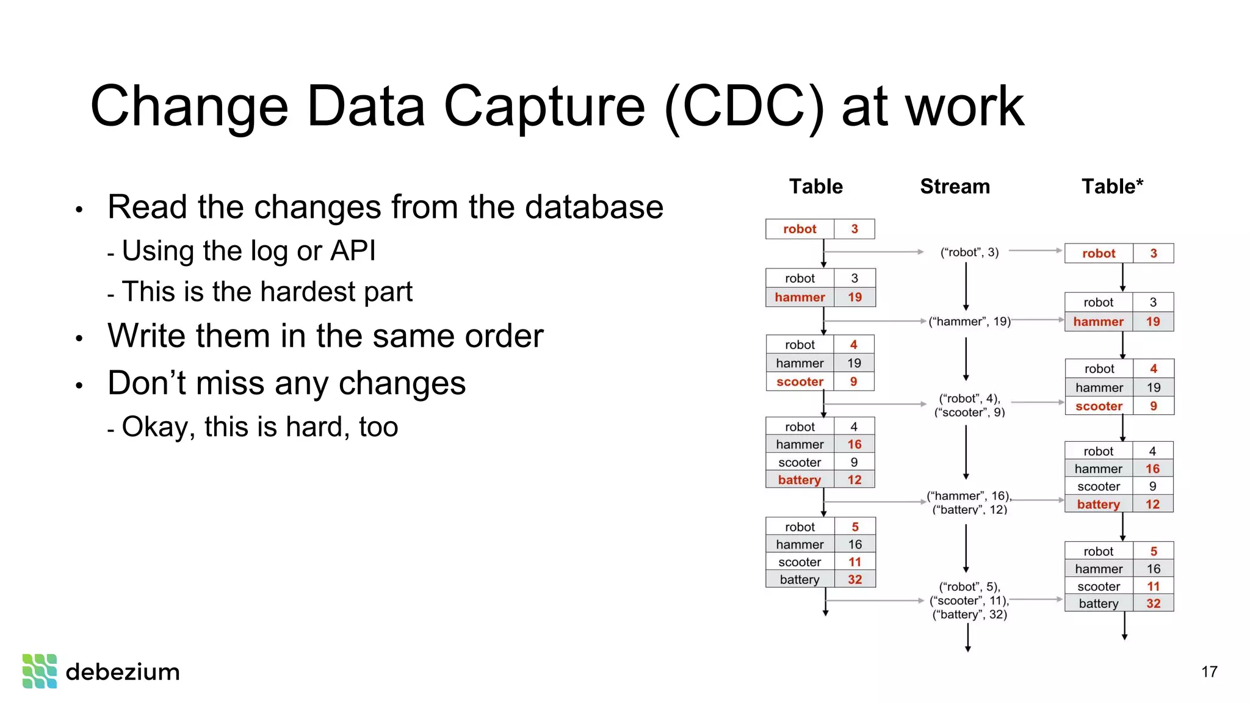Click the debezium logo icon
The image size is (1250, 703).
click(40, 671)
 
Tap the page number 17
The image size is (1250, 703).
click(1208, 672)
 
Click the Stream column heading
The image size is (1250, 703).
click(955, 186)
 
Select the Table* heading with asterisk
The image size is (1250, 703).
click(1111, 186)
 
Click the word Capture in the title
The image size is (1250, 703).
click(544, 106)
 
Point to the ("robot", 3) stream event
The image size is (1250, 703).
click(969, 252)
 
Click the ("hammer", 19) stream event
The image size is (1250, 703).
click(969, 322)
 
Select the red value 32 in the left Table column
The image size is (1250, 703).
click(854, 579)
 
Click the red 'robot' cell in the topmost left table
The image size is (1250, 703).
click(800, 229)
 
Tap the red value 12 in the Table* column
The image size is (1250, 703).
click(1152, 504)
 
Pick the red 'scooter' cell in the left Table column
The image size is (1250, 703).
click(800, 381)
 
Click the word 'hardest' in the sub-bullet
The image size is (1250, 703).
click(311, 292)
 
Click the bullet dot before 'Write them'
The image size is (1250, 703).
click(79, 338)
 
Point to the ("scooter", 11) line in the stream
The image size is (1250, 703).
click(969, 600)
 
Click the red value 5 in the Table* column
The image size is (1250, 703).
click(1154, 551)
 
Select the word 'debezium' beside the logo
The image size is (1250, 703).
click(123, 672)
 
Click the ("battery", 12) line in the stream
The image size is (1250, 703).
click(969, 510)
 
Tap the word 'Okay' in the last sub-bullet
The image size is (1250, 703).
click(159, 427)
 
